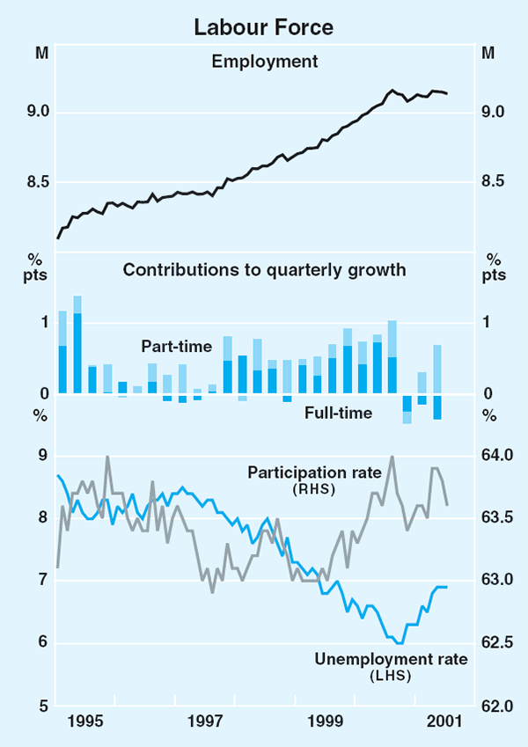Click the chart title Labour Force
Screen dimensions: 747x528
(264, 27)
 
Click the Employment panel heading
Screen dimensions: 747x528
(264, 62)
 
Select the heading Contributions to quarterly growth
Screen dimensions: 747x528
(264, 270)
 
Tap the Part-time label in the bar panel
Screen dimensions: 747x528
(177, 347)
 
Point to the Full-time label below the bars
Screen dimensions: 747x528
(339, 412)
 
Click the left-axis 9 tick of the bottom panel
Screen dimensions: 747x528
(42, 455)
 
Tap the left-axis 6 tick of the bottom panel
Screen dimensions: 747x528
(42, 642)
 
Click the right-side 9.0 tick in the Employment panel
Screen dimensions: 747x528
(494, 112)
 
